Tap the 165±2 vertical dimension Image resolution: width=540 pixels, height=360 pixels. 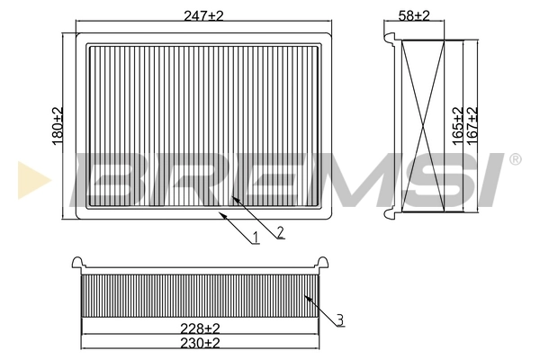458,126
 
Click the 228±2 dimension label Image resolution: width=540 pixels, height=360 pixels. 200,328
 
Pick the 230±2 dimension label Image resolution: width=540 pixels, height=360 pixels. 200,343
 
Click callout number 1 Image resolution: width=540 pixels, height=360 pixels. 256,238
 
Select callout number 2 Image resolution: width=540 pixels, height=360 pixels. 280,232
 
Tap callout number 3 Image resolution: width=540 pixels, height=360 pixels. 340,317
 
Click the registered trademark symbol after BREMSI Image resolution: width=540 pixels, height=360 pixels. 515,159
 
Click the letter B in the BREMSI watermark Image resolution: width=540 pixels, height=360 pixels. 108,177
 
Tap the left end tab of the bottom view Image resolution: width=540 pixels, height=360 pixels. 78,264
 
